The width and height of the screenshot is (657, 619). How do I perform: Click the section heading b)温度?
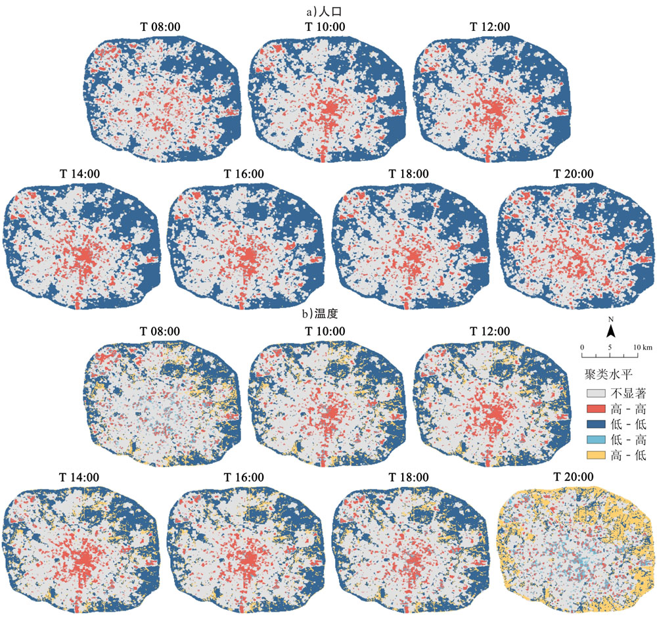[328, 313]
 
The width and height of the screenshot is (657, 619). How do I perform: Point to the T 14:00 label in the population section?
[78, 174]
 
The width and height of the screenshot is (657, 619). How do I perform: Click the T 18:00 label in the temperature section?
[408, 477]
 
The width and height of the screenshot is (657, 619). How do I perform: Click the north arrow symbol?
[610, 332]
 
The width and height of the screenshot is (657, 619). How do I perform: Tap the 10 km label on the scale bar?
[643, 346]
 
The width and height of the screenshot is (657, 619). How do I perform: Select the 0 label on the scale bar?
[582, 346]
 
